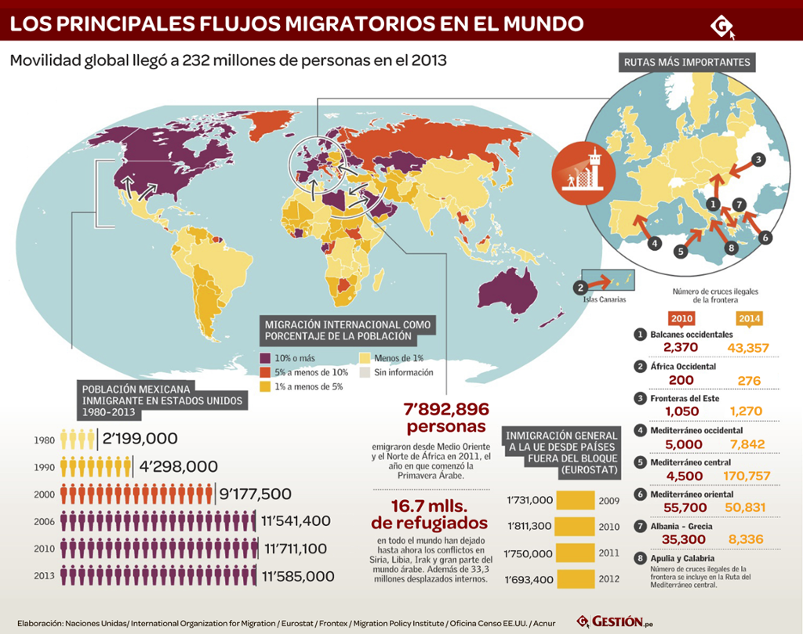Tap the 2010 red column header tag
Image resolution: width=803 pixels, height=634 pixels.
click(681, 319)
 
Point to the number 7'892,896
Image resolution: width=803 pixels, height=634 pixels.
click(445, 409)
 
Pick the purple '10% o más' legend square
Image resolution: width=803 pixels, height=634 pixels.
click(265, 358)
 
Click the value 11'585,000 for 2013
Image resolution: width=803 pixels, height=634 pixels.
click(299, 576)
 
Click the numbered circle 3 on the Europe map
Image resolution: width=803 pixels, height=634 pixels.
click(758, 159)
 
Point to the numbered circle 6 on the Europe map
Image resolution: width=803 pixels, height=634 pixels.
click(765, 236)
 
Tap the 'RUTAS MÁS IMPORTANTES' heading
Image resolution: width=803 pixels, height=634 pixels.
click(687, 63)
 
